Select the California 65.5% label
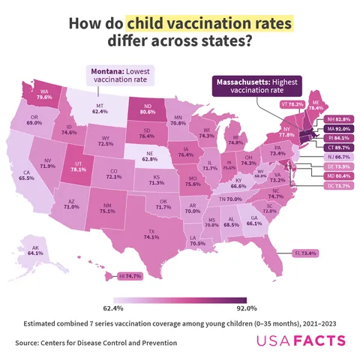click(27, 175)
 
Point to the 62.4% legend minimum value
click(112, 307)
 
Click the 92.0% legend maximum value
click(247, 307)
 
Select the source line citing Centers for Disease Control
click(96, 343)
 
